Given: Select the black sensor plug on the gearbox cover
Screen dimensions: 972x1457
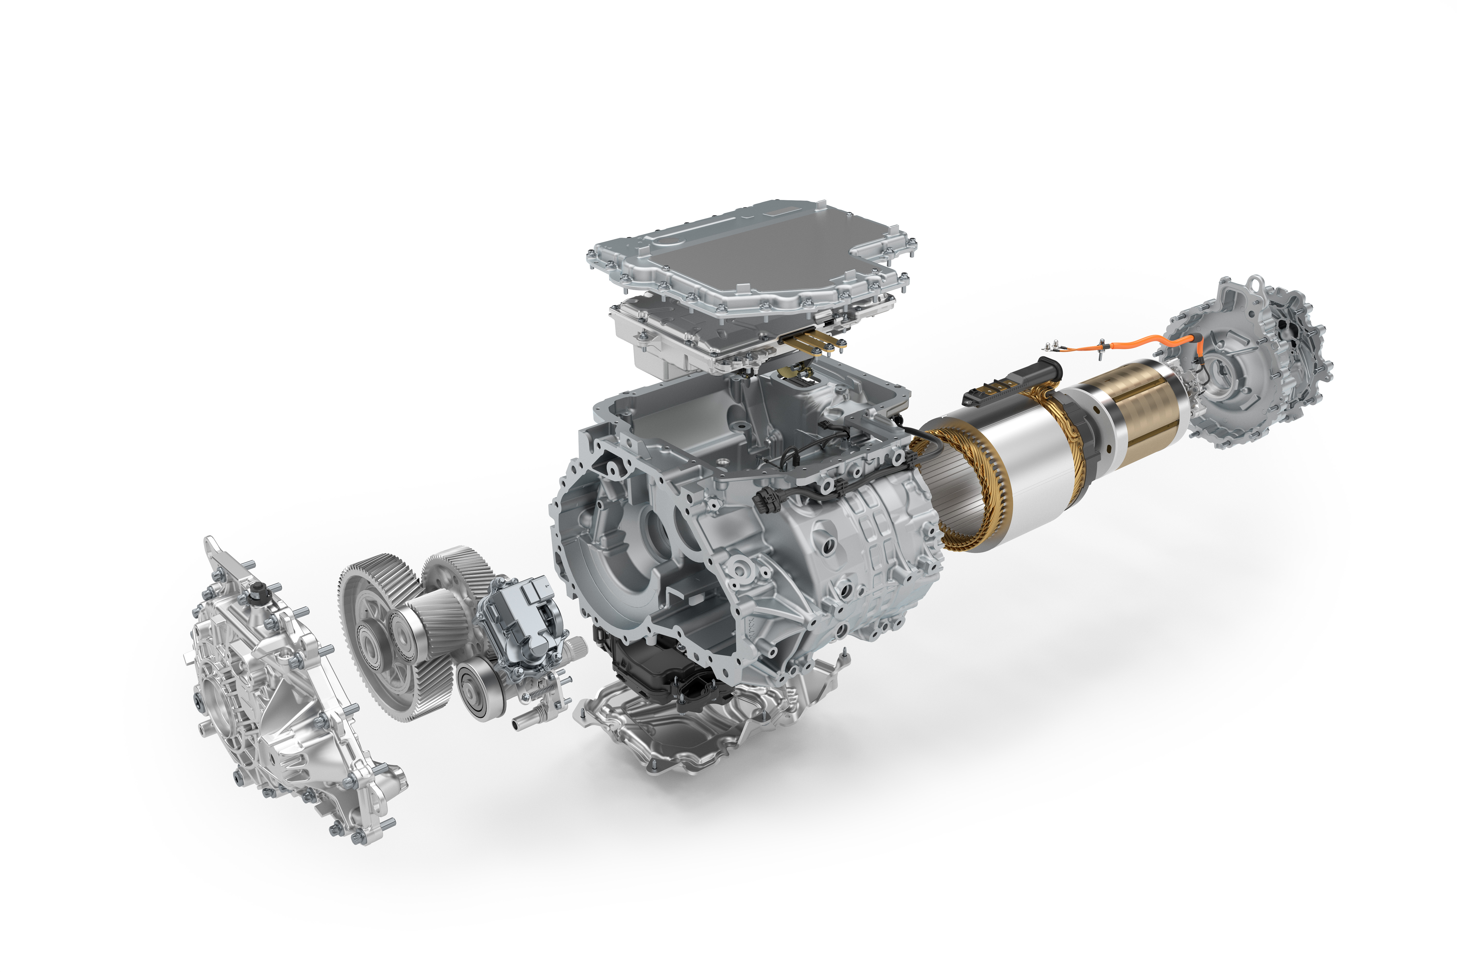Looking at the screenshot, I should [255, 594].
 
